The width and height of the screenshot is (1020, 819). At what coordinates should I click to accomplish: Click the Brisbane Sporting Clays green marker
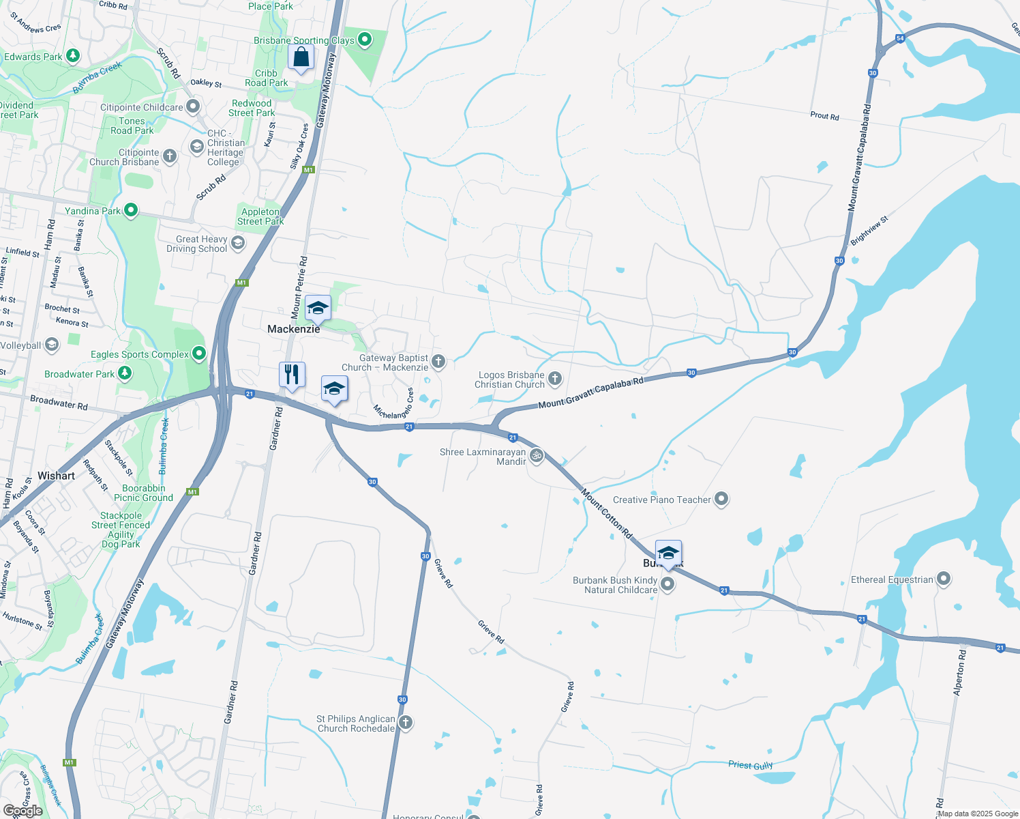[365, 40]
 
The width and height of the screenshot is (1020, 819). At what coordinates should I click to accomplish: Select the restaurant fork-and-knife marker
[292, 375]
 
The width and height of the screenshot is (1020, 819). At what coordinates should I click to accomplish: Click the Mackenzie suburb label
[293, 329]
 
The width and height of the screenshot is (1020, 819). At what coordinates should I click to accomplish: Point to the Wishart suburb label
[56, 476]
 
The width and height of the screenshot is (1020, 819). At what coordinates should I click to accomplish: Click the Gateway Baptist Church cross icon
[438, 362]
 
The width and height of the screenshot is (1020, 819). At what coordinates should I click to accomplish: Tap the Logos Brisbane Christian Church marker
[555, 379]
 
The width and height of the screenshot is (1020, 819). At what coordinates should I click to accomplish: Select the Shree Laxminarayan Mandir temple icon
[537, 456]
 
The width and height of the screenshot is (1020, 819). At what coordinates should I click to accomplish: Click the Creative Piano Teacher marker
[721, 500]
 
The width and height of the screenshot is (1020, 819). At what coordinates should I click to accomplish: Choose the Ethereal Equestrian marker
[944, 579]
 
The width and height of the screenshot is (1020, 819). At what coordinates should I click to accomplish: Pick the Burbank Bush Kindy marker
[667, 584]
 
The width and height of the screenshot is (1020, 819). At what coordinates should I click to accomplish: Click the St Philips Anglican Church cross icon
[406, 723]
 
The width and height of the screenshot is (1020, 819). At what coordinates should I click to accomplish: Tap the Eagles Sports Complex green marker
[199, 354]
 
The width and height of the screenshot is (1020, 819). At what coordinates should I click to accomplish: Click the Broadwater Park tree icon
[124, 373]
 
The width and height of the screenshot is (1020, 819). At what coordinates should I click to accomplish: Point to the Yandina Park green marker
[130, 211]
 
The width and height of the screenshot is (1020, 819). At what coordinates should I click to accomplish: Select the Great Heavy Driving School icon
[238, 243]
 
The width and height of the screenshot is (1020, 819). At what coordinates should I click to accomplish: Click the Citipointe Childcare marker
[193, 106]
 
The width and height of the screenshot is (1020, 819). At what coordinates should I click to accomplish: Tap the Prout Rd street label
[824, 116]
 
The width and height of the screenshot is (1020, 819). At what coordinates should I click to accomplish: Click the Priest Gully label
[750, 765]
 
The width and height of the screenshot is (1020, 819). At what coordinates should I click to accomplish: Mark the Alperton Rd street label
[959, 673]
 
